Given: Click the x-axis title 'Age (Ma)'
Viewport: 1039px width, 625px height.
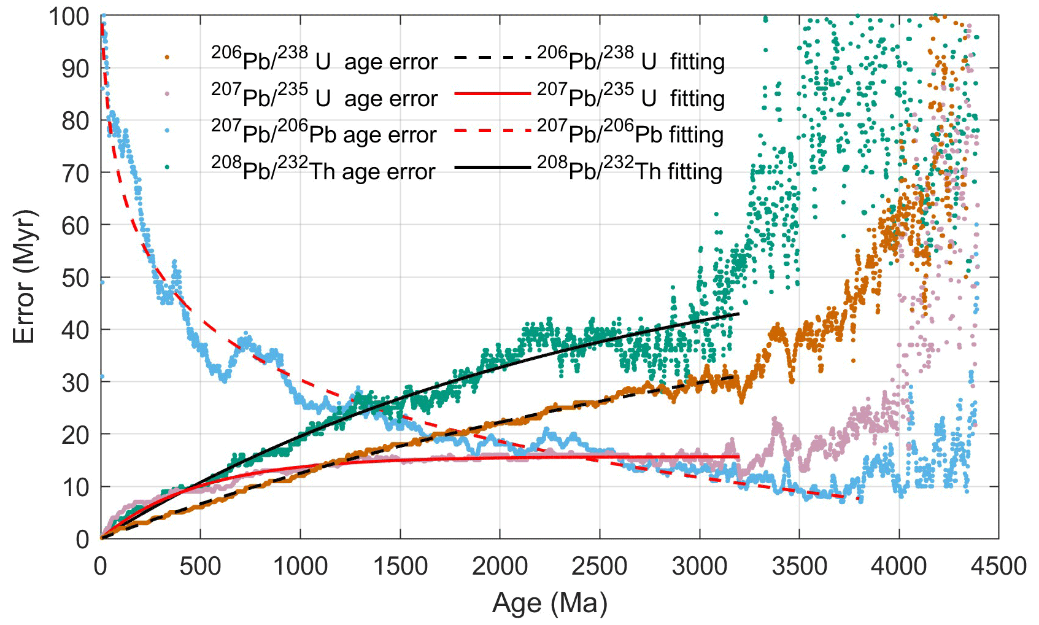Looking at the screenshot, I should [x=549, y=603].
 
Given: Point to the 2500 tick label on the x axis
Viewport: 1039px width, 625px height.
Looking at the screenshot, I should [x=600, y=566].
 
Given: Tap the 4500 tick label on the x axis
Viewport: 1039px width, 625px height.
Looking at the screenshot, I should [x=998, y=566].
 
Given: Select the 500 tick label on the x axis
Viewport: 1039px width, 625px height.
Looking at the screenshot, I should [x=200, y=566].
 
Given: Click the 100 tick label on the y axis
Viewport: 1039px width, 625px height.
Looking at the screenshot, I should [x=69, y=17].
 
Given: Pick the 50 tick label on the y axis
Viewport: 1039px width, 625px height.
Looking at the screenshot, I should [x=75, y=278].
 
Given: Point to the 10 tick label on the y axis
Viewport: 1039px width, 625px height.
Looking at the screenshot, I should [x=75, y=487].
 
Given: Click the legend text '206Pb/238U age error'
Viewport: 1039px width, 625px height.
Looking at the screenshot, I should [x=324, y=60].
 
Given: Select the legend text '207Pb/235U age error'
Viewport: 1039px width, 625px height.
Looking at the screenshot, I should [x=324, y=97].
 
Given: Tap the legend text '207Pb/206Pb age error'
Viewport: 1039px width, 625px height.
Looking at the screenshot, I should [x=323, y=133].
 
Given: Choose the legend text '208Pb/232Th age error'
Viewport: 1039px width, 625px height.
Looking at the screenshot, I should [x=323, y=170].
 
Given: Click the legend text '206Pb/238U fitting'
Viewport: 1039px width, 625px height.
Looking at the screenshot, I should [x=631, y=60].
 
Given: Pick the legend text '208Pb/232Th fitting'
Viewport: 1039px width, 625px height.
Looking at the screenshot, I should [x=630, y=170].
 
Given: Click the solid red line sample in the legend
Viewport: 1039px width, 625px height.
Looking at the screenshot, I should [x=492, y=93].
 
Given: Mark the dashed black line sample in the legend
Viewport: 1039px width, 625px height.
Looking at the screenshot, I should [x=492, y=57].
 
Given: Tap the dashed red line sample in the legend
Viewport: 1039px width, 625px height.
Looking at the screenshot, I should [x=492, y=130].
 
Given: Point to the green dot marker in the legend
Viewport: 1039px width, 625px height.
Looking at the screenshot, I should [x=167, y=167].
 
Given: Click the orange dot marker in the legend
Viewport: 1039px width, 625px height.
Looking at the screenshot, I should [x=167, y=57].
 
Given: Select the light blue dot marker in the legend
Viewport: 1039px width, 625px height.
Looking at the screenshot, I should [x=167, y=130].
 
